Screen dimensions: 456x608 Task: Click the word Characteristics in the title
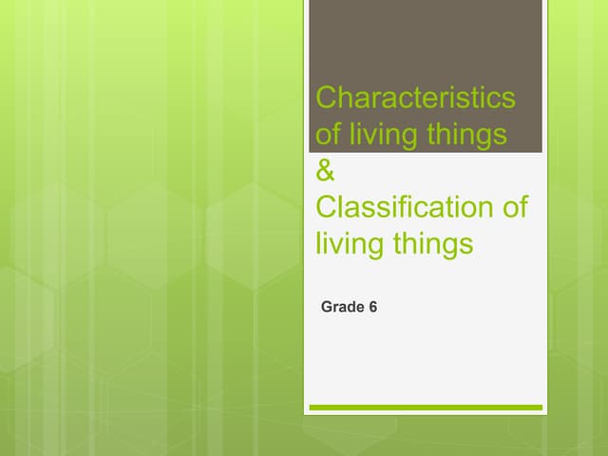[x=414, y=98]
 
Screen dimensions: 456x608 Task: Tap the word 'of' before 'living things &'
[x=328, y=135]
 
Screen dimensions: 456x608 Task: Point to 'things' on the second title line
[x=465, y=135]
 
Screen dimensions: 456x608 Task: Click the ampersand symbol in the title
[x=324, y=172]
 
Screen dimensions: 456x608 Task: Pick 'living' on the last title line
[x=348, y=244]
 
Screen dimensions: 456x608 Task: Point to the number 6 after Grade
[x=373, y=307]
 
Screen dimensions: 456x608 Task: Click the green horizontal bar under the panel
[x=426, y=408]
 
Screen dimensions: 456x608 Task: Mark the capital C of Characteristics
[x=325, y=98]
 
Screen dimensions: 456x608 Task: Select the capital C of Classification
[x=325, y=207]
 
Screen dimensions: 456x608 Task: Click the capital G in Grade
[x=327, y=307]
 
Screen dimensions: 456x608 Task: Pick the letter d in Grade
[x=351, y=307]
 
